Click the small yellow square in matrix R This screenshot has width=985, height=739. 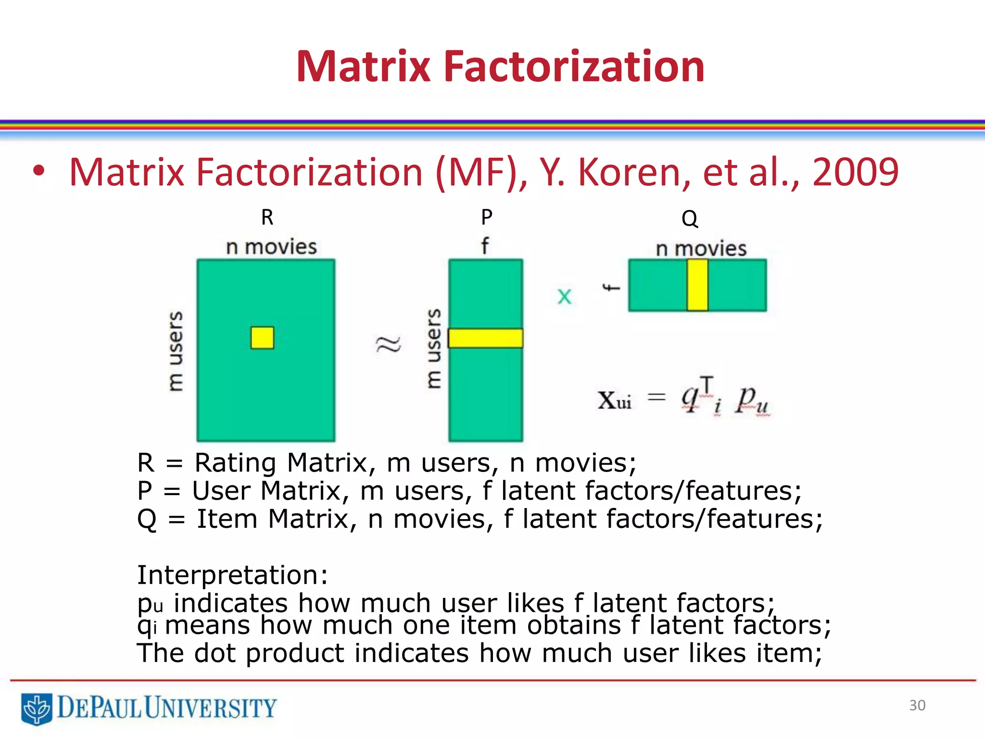262,338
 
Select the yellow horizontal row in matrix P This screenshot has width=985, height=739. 485,338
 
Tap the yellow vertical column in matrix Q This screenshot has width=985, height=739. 697,285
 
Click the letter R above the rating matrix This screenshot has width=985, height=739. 267,217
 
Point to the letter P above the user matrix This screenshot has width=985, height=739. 487,217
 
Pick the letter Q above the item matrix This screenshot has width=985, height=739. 689,219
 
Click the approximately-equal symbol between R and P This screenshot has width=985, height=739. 388,344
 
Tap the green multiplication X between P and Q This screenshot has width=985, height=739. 564,296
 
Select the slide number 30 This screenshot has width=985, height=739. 917,705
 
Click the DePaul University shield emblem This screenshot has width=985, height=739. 37,708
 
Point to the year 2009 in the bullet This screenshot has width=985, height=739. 855,172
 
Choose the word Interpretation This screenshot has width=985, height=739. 232,575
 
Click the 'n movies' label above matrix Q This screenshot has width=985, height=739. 701,249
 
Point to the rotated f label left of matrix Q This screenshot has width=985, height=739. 611,288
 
